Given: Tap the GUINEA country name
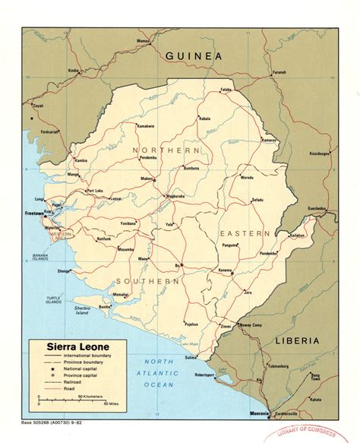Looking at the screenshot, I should (x=196, y=56).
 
